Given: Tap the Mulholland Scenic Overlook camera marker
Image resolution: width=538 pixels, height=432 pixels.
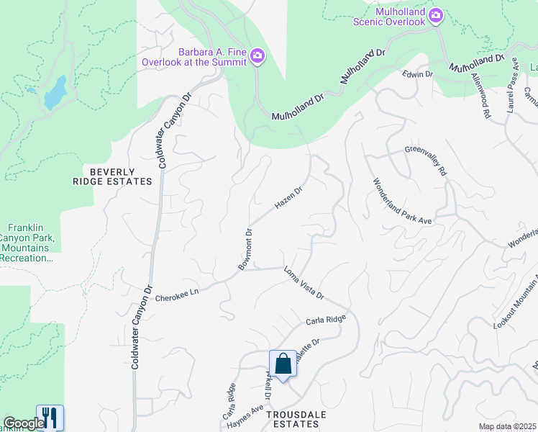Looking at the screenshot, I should pyautogui.click(x=435, y=16).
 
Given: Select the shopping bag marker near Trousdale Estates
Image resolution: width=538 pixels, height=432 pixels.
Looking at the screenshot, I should pyautogui.click(x=283, y=364).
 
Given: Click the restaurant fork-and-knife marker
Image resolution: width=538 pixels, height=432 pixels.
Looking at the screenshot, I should pyautogui.click(x=50, y=418).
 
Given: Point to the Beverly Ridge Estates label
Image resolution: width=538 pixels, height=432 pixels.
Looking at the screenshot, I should pyautogui.click(x=121, y=176).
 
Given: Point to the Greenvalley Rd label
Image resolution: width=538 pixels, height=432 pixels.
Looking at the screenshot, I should pyautogui.click(x=426, y=161).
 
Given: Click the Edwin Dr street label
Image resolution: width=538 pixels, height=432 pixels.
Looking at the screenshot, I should pyautogui.click(x=418, y=73).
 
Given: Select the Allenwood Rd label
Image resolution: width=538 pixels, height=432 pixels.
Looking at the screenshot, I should pyautogui.click(x=480, y=95).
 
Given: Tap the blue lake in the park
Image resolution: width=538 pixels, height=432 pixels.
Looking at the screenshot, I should pyautogui.click(x=55, y=91).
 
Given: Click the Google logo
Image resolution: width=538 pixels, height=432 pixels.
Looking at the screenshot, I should pyautogui.click(x=24, y=423).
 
